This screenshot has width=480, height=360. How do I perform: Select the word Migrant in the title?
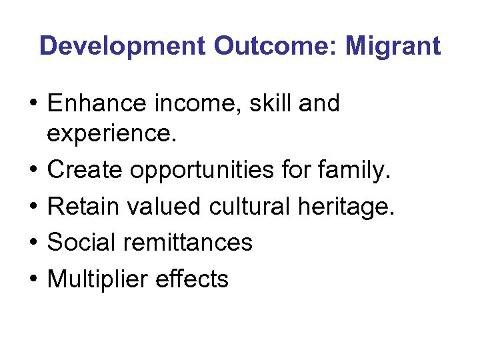[x=393, y=46]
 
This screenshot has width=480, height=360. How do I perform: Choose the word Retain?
[x=83, y=207]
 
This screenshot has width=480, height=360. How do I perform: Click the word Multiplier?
[x=97, y=278]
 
